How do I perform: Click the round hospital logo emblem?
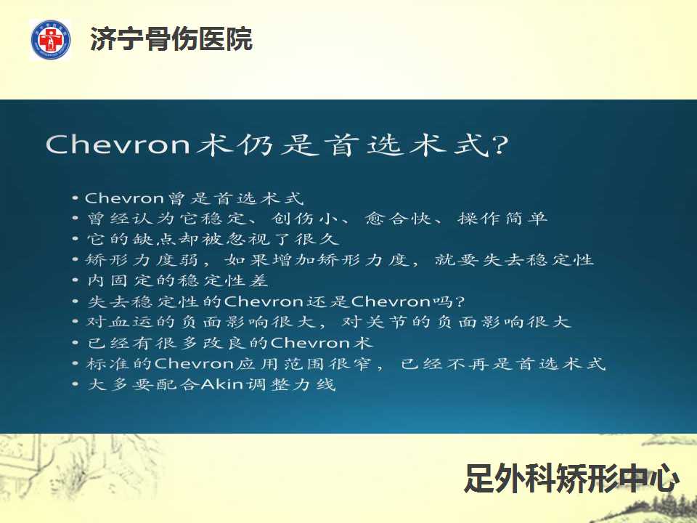tap(51, 39)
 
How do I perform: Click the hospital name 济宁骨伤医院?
tap(171, 39)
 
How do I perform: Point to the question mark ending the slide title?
tap(500, 145)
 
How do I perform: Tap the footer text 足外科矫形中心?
tap(571, 478)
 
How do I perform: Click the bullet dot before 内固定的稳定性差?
tap(76, 280)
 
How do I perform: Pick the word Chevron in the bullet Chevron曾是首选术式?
tap(124, 198)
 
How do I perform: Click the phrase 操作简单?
tap(502, 219)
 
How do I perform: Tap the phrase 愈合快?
tap(398, 219)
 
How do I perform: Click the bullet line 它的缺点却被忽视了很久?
tap(213, 239)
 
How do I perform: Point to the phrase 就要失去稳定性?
tap(514, 260)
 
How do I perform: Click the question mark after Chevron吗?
tap(460, 301)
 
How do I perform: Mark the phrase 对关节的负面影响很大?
tap(456, 322)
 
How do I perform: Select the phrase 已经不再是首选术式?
tap(503, 363)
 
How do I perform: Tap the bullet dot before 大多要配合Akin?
tap(76, 384)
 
